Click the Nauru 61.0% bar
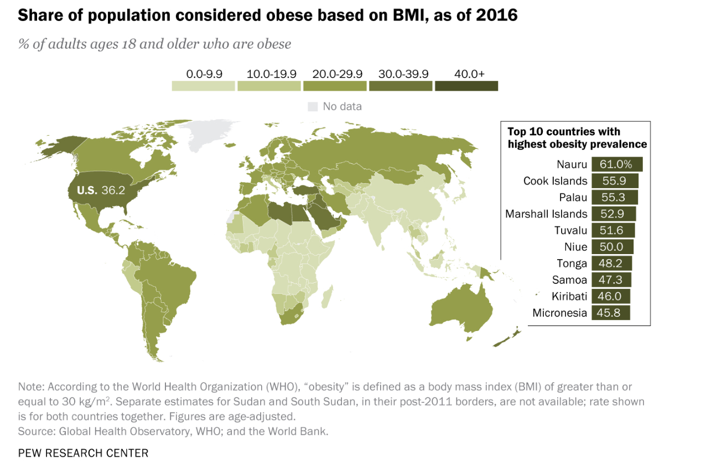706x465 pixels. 617,164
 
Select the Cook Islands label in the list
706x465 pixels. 555,181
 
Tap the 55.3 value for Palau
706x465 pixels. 615,198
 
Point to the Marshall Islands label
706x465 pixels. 546,214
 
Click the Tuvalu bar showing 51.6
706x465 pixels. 613,230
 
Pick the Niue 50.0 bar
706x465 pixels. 612,247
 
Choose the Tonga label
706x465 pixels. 572,263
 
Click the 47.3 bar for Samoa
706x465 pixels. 611,280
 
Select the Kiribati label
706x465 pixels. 569,296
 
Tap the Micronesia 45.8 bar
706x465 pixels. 611,313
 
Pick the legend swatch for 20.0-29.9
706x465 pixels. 334,86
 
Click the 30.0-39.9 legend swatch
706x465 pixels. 401,86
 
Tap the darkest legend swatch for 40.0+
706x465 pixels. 466,86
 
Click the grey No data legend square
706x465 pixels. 313,106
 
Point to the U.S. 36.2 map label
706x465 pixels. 100,190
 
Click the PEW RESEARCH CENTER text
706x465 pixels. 83,453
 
